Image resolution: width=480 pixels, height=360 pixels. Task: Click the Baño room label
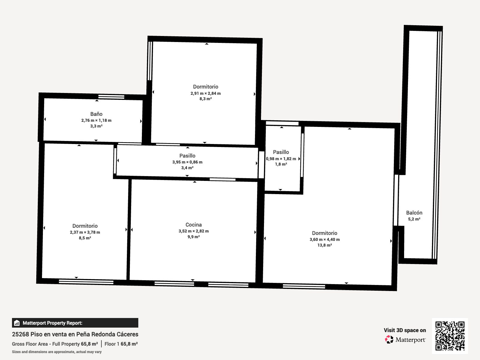tap(96, 114)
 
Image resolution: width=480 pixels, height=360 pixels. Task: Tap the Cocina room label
tap(193, 225)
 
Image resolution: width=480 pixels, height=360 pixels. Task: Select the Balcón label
tap(414, 213)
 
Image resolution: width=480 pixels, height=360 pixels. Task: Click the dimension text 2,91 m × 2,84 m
tap(205, 93)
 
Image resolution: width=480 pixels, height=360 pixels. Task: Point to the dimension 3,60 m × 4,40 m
tap(325, 239)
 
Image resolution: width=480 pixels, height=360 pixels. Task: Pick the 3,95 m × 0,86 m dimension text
tap(187, 162)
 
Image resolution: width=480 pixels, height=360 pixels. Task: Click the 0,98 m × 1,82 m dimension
tap(281, 159)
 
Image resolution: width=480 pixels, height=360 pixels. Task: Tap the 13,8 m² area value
tap(325, 245)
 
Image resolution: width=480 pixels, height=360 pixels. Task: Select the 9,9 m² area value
tap(193, 237)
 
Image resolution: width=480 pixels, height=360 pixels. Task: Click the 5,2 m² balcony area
tap(414, 219)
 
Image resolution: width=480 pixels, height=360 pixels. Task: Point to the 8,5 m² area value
tap(85, 238)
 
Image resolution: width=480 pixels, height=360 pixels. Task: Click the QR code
tap(450, 336)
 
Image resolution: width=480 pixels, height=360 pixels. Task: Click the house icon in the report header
tap(17, 323)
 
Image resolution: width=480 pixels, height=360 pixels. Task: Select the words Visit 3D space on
tap(405, 330)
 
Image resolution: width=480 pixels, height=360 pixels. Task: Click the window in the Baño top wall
tap(111, 97)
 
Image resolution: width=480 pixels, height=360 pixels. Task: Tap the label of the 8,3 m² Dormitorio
tap(205, 87)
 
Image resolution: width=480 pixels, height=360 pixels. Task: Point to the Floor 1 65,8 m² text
tap(121, 344)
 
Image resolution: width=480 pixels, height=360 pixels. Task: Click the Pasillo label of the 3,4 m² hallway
tap(187, 156)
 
